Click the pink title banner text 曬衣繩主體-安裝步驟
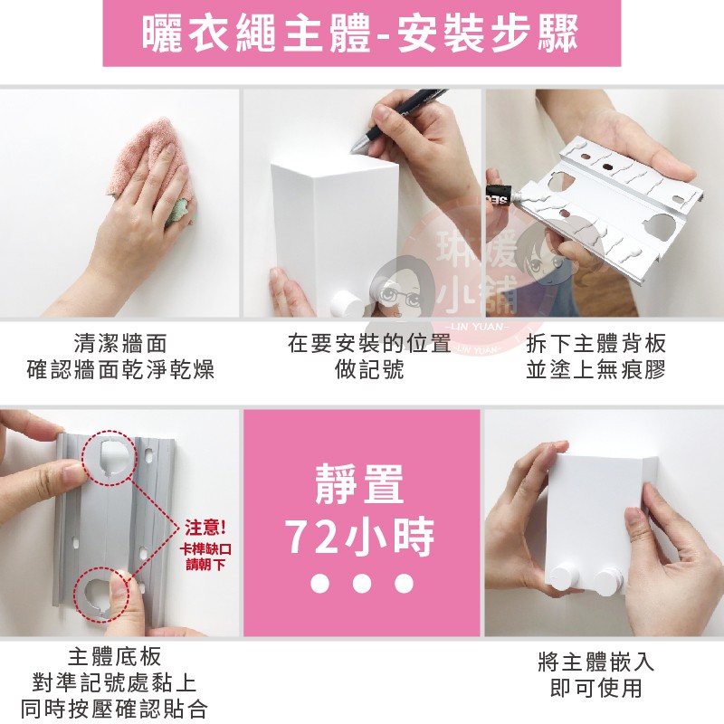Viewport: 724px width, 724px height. point(360,33)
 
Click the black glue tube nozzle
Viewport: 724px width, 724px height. point(502,193)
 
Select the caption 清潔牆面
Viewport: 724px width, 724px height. point(120,344)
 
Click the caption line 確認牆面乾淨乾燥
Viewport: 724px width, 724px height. point(120,370)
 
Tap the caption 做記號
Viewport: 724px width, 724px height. point(369,370)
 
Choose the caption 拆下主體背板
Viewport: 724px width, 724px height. point(595,344)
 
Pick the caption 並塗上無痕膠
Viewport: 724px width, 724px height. point(595,370)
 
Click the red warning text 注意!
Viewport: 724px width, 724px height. point(205,528)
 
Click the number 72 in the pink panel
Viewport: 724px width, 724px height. point(310,537)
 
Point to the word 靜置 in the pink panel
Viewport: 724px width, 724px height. point(359,484)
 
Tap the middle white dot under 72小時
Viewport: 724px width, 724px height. point(361,583)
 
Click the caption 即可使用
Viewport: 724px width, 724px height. point(596,689)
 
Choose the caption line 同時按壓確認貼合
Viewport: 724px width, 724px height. point(114,709)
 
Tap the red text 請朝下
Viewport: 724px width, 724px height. point(205,564)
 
